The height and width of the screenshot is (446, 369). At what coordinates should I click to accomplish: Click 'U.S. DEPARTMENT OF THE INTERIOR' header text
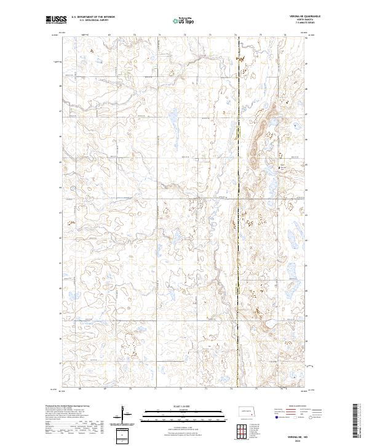point(93,17)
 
